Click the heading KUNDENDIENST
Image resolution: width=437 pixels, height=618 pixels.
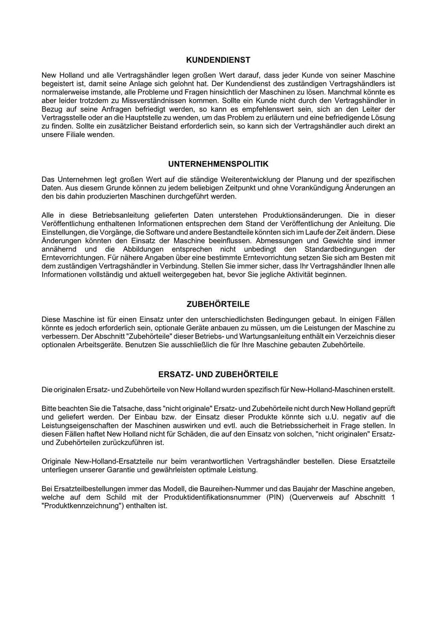218,60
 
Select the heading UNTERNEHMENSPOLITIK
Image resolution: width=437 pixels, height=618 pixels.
218,164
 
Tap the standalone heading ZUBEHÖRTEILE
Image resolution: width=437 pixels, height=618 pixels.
218,304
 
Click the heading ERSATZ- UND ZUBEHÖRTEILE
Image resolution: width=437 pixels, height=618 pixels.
218,375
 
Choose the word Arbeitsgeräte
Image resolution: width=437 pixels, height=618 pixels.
101,345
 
